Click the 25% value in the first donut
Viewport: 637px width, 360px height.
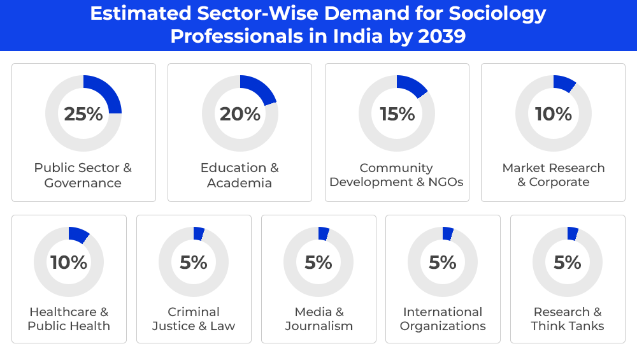(x=83, y=114)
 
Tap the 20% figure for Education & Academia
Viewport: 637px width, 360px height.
(x=240, y=114)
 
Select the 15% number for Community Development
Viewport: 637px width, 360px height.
(x=397, y=114)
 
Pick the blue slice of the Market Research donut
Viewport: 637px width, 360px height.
(x=564, y=83)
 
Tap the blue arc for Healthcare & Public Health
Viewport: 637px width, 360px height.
(x=78, y=234)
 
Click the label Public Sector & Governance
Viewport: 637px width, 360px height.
(x=83, y=175)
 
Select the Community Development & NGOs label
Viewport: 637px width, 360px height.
(x=397, y=175)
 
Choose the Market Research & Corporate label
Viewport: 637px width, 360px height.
(x=554, y=175)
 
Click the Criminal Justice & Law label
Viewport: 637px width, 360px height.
(x=194, y=319)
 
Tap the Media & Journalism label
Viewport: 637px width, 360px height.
(x=318, y=319)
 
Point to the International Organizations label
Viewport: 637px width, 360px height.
(x=443, y=319)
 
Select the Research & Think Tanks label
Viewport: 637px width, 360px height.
(x=568, y=319)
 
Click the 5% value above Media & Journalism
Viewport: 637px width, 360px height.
(x=318, y=263)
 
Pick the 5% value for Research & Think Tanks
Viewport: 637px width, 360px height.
(x=568, y=263)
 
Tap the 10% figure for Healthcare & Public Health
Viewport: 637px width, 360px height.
(x=69, y=263)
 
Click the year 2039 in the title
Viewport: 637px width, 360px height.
(x=442, y=36)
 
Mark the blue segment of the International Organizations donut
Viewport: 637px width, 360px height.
(x=448, y=233)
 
